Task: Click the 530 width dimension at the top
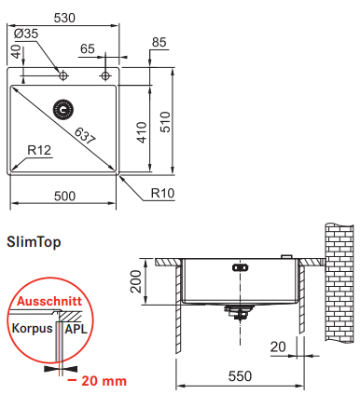pos(64,18)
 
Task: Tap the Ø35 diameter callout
pos(26,34)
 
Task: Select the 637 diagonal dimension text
pos(85,136)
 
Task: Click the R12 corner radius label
pos(39,150)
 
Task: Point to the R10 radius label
pos(162,193)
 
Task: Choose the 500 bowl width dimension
pos(64,197)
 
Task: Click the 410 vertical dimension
pos(142,132)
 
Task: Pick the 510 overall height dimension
pos(165,122)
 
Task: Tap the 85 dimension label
pos(159,42)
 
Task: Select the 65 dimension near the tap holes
pos(88,48)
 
